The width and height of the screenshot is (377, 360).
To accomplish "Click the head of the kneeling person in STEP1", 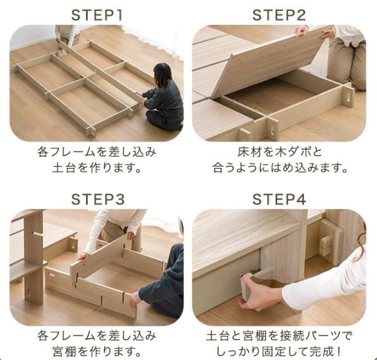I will (x=162, y=76).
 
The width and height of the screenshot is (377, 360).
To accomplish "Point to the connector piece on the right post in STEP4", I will (x=326, y=242).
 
